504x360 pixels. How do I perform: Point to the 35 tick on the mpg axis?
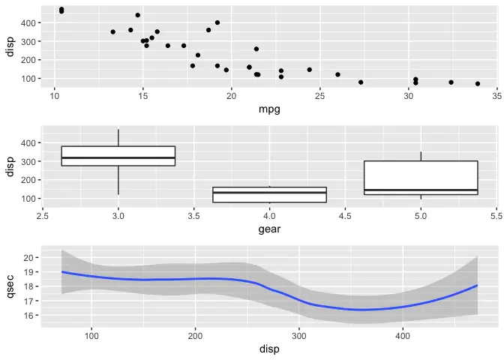496,96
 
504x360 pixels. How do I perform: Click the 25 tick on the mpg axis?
319,96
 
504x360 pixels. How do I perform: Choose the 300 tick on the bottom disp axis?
299,335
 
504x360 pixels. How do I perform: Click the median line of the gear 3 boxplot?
118,157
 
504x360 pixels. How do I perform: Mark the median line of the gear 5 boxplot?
421,190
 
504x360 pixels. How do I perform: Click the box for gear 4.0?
269,195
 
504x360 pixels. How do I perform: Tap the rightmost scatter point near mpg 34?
478,84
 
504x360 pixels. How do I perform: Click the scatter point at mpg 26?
337,75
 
